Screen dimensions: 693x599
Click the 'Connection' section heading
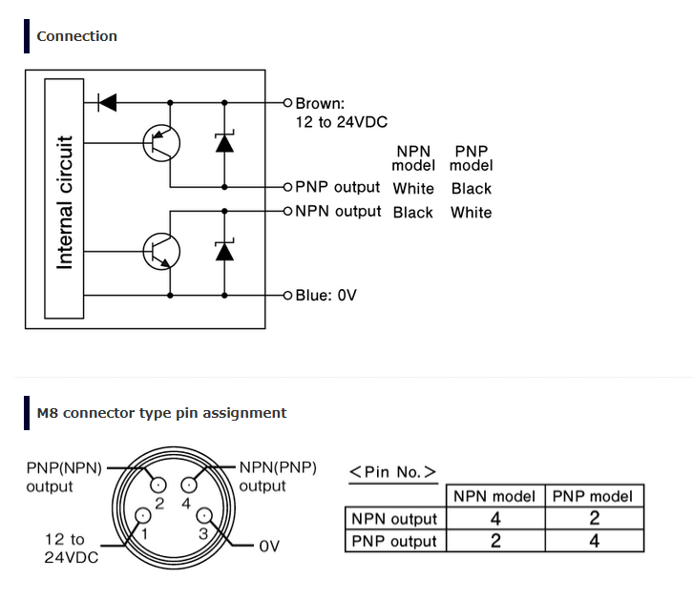coord(77,36)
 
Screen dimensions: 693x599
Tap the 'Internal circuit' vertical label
coord(65,203)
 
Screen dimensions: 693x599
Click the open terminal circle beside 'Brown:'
coord(287,103)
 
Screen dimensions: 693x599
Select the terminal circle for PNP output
coord(287,187)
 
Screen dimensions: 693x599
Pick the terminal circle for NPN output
coord(287,211)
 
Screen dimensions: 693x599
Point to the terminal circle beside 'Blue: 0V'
coord(287,295)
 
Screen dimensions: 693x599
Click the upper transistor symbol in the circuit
coord(161,143)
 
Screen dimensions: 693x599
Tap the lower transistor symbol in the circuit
coord(161,252)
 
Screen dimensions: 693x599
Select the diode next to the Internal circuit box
coord(107,102)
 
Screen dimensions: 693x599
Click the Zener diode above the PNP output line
coord(224,142)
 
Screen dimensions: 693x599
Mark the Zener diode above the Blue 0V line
coord(224,251)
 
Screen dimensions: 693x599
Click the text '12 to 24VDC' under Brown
coord(341,122)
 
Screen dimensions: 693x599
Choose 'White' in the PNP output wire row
coord(413,189)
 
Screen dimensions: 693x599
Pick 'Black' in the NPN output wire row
coord(412,213)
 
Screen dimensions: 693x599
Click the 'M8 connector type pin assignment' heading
coord(161,413)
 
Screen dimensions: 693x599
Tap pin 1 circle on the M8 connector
coord(143,515)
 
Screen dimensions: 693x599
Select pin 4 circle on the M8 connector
coord(189,485)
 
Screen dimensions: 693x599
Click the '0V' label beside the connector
coord(269,547)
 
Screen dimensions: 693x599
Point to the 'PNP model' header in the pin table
coord(593,497)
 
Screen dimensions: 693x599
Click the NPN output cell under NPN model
coord(495,519)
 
